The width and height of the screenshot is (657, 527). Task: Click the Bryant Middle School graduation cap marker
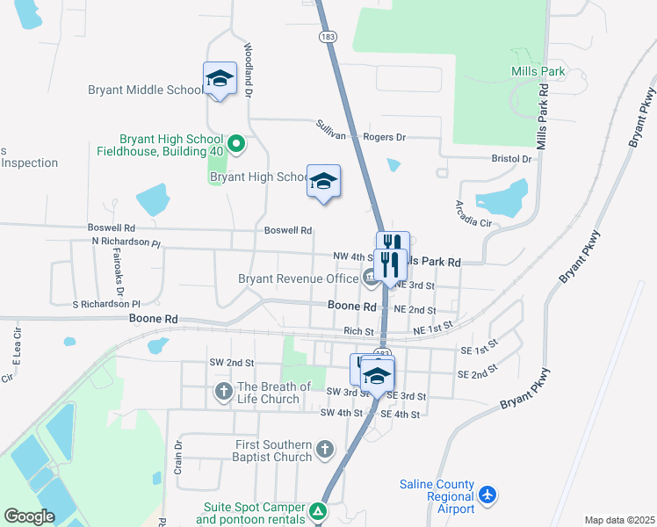220,78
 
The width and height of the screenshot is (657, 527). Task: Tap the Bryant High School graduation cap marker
323,181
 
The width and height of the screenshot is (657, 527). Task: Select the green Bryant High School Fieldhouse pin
235,143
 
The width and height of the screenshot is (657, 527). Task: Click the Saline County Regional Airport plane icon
489,497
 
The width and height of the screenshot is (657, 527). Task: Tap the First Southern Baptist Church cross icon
325,450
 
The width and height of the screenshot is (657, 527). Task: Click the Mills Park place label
536,71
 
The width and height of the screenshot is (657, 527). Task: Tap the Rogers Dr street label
387,137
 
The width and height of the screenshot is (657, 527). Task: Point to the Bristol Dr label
511,159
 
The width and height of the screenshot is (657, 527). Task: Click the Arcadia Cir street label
473,213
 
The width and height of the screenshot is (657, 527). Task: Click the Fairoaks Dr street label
120,278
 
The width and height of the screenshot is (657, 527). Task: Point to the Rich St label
358,331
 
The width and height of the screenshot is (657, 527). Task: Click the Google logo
29,516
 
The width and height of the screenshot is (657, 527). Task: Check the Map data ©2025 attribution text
619,520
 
